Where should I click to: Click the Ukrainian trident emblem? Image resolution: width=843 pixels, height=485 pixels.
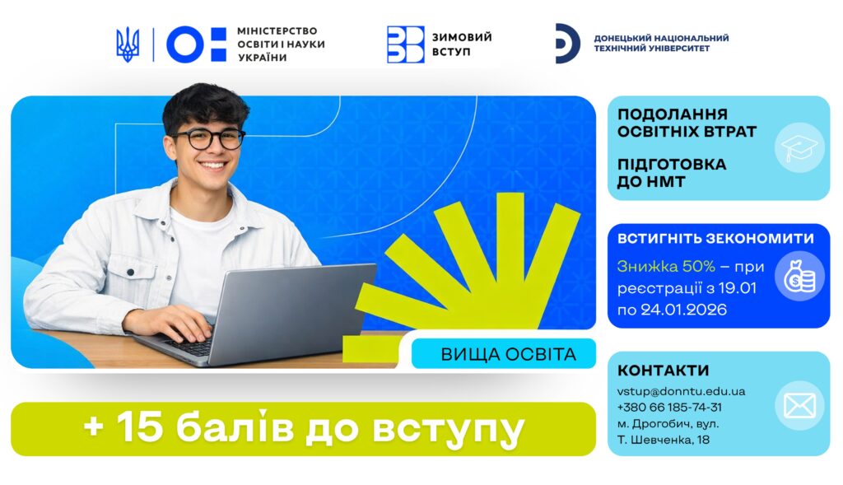128,44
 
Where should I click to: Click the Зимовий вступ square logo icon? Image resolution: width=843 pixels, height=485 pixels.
405,44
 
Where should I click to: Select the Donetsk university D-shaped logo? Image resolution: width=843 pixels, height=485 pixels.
567,44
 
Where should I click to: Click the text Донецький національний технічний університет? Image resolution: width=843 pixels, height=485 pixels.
661,43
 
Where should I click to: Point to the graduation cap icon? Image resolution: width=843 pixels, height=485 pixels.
799,148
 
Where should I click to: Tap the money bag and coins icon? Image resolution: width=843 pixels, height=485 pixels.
799,276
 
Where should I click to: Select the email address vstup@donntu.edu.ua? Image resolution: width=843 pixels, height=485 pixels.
681,391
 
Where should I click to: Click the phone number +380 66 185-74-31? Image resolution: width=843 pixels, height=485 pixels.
669,407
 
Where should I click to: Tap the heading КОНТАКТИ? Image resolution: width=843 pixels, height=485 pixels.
663,371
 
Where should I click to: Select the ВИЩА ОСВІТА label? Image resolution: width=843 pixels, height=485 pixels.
508,354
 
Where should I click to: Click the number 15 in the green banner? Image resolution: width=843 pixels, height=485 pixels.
140,428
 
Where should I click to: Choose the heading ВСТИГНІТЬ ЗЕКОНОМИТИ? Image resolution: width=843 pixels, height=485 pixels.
715,238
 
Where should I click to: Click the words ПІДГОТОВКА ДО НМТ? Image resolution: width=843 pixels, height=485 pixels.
672,173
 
